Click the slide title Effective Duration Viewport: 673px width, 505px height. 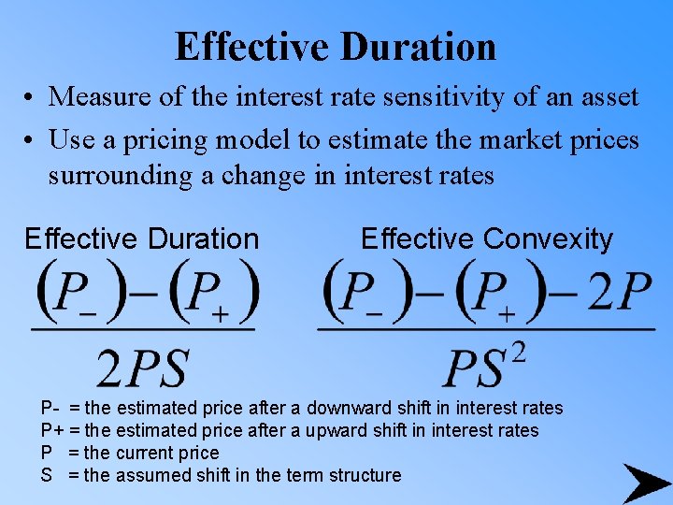(336, 46)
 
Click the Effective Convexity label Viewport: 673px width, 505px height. (486, 238)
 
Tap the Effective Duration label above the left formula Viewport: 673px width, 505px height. (141, 238)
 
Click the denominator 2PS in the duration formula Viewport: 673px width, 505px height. (143, 367)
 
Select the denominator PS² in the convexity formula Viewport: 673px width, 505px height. (484, 365)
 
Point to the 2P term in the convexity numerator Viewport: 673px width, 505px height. (618, 293)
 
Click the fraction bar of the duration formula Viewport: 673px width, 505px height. (143, 329)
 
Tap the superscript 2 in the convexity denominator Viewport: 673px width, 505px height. (519, 353)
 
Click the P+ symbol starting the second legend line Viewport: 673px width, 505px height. (52, 430)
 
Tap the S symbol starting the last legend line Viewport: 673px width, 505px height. (46, 475)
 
